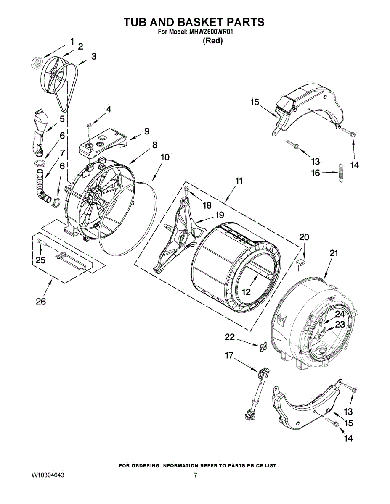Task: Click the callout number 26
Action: point(41,302)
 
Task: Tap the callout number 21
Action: point(334,253)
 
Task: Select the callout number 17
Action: point(229,355)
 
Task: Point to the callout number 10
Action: point(165,157)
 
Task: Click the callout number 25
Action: point(40,260)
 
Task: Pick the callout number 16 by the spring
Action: point(315,173)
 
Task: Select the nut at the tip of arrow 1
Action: point(37,63)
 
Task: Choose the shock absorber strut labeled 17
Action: point(256,393)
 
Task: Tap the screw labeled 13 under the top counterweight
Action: point(293,145)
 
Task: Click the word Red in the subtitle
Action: point(212,41)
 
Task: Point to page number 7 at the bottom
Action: point(195,475)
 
